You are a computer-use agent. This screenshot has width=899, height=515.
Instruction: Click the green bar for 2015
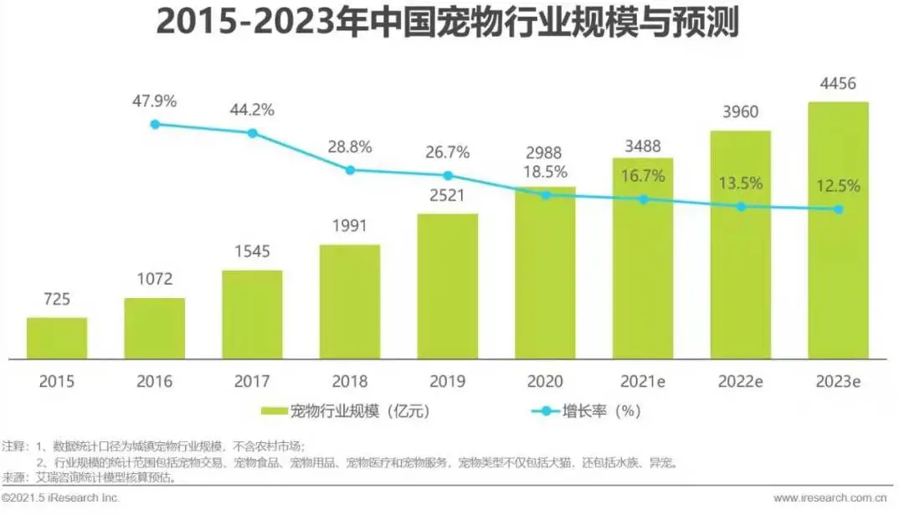(57, 338)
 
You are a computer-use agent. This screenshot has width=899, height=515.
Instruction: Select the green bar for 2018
(350, 301)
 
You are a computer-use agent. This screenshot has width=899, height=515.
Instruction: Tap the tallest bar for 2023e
(838, 230)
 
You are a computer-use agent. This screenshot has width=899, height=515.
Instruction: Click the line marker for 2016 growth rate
(155, 124)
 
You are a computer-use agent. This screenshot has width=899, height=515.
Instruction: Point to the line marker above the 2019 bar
(448, 176)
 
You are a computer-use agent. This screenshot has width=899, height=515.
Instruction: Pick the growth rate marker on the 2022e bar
(741, 206)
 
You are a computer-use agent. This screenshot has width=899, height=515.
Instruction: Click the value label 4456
(838, 85)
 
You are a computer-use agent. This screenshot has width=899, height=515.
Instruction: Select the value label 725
(57, 300)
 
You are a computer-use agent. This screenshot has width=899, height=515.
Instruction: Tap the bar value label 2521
(448, 196)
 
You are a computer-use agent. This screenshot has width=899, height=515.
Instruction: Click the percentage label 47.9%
(155, 101)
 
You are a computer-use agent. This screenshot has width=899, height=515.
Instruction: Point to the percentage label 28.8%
(350, 147)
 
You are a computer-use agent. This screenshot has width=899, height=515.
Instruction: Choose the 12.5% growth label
(838, 186)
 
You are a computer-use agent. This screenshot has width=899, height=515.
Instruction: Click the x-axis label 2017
(252, 381)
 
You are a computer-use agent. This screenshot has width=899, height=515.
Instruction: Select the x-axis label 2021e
(643, 381)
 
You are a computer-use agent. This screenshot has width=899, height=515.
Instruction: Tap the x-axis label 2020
(545, 381)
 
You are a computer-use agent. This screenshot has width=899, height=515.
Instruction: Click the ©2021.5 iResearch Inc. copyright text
(60, 498)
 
